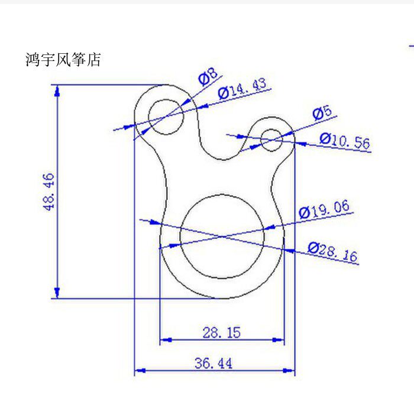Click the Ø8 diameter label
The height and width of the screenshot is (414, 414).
point(208,77)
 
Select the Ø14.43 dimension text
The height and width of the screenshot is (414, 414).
point(242,89)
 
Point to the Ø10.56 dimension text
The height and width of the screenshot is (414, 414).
point(344,141)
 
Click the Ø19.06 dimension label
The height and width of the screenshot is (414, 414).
point(324,209)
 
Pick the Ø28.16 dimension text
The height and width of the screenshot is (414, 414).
point(332,252)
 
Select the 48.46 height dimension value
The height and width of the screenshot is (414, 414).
point(48,191)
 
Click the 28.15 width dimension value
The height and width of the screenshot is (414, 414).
point(221,332)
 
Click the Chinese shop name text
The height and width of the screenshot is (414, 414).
point(63,60)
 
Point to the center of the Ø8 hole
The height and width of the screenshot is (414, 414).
point(166,117)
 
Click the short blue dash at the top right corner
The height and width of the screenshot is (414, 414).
point(411,45)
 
